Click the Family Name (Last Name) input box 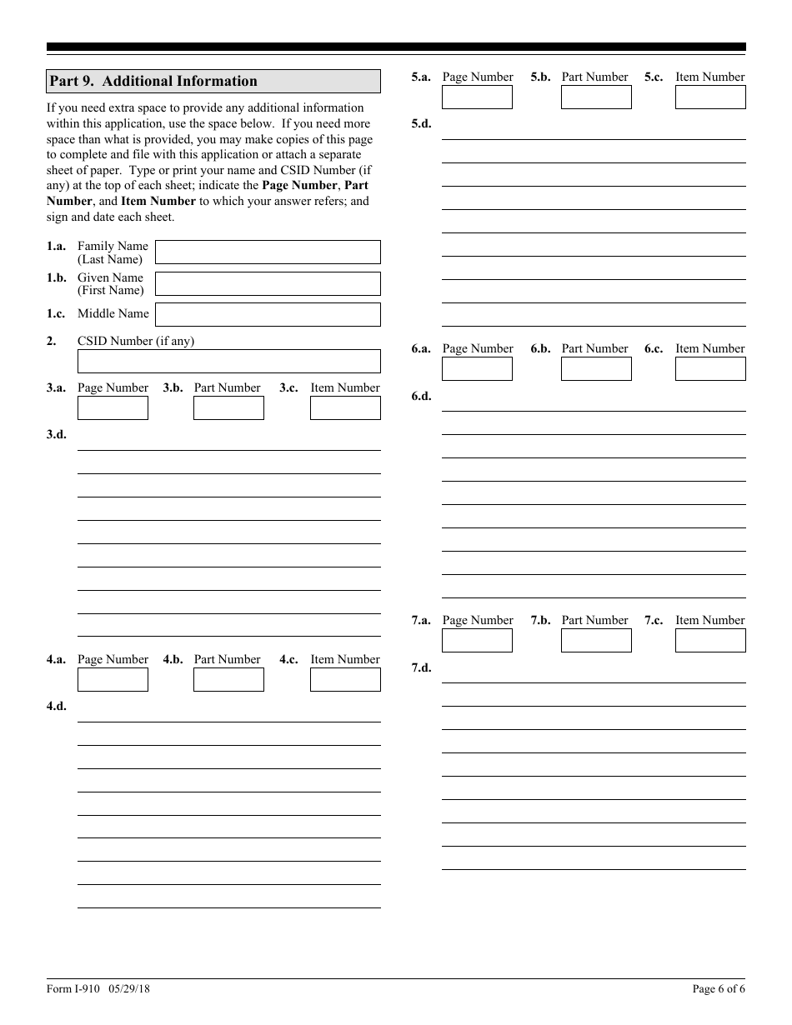click(268, 252)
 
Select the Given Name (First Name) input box click(268, 283)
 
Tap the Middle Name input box click(268, 314)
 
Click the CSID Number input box click(228, 361)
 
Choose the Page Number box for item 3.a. click(113, 407)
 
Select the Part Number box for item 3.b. click(228, 407)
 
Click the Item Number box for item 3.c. click(345, 407)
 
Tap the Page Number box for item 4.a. click(113, 679)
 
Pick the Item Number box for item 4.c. click(345, 679)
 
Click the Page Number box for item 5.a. click(477, 97)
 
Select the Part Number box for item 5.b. click(596, 97)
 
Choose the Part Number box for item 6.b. click(596, 368)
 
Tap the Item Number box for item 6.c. click(710, 368)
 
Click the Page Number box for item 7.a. click(477, 640)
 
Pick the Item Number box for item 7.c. click(710, 640)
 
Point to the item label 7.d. click(421, 668)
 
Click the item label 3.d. click(57, 434)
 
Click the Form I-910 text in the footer click(73, 989)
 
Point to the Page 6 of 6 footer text click(719, 989)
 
